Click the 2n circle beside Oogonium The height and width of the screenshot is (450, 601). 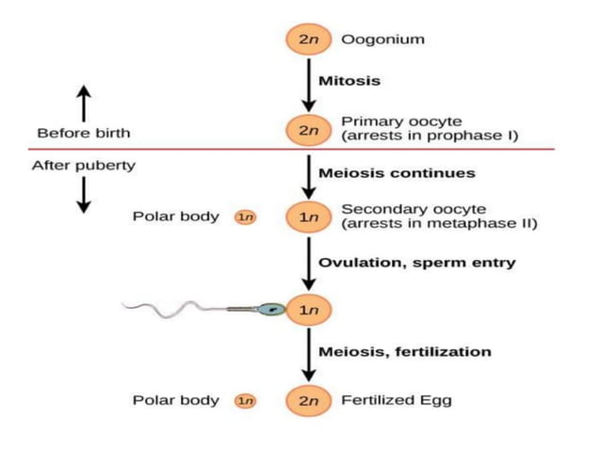309,40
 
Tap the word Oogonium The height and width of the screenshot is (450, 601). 382,40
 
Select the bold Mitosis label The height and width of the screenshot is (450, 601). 349,81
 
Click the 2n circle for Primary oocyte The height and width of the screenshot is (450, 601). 309,131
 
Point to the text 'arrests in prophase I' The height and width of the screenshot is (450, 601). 430,137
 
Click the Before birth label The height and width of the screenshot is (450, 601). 83,133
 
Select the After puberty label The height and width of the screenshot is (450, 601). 83,166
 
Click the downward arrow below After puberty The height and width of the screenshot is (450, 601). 83,195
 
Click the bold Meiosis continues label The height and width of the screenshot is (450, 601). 397,173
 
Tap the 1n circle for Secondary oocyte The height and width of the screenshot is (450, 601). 309,217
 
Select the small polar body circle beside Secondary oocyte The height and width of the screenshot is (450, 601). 245,217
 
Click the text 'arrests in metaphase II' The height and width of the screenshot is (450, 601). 439,224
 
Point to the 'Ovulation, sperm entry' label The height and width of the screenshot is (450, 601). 416,263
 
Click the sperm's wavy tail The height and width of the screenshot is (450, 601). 179,306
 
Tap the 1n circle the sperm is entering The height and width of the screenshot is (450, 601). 309,308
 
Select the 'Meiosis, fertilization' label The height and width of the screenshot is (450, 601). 405,351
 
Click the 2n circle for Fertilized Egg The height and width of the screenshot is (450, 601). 309,400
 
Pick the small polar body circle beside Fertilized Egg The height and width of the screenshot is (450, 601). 245,400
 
